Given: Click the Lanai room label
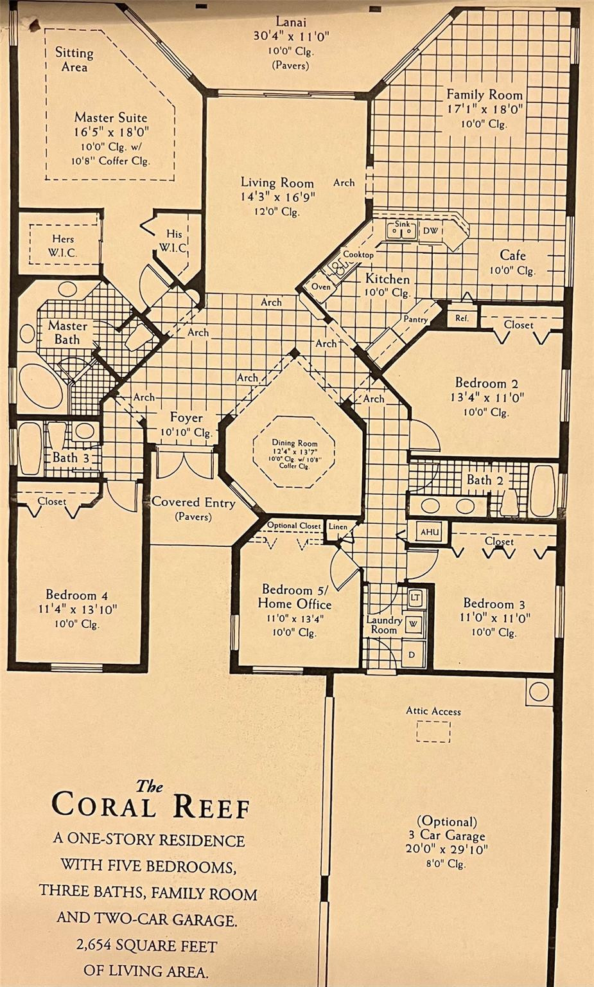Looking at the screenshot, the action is (291, 21).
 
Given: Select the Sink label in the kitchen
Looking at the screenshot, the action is (401, 224).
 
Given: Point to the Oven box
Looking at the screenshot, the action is (320, 286).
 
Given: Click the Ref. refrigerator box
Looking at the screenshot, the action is (462, 317).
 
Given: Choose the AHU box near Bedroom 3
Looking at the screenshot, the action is (430, 532).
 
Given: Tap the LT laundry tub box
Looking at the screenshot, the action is (415, 598).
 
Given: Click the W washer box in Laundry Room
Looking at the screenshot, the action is (414, 624).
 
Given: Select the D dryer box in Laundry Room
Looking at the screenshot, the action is (412, 654).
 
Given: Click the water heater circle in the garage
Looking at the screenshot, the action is (538, 691).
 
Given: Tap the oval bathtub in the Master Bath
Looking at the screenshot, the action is (41, 387).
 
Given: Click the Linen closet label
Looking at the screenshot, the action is (338, 526).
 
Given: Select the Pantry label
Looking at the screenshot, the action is (415, 319).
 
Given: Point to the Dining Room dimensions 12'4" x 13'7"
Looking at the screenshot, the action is (295, 451).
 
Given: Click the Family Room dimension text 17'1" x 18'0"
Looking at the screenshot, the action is (484, 109).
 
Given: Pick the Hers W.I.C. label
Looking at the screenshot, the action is (64, 245).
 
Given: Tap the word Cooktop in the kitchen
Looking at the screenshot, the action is (358, 254).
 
